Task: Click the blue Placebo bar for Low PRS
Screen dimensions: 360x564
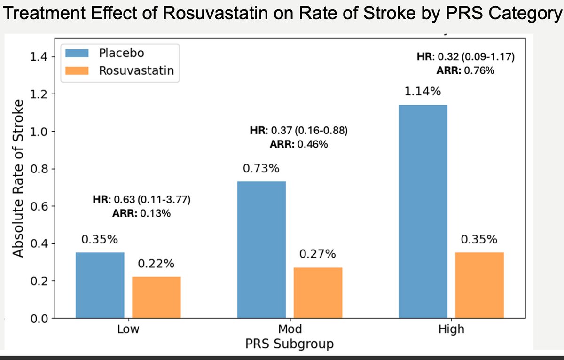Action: click(100, 285)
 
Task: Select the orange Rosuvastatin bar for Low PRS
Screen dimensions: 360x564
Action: click(156, 297)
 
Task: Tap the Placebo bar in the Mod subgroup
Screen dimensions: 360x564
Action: click(261, 250)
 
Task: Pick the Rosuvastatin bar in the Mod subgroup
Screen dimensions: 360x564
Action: click(318, 293)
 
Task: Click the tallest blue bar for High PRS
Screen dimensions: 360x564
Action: click(423, 211)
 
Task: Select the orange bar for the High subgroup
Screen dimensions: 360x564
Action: click(479, 285)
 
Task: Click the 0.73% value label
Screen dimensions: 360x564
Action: click(261, 168)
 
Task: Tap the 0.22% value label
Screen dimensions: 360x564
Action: click(156, 264)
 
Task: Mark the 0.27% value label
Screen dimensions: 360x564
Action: click(318, 254)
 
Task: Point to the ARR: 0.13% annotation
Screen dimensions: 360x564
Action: click(141, 214)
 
